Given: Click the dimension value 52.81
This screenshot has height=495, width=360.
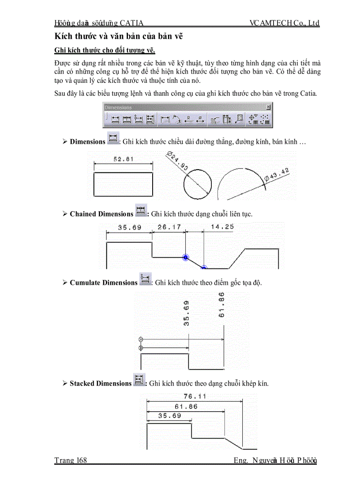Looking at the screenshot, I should click(124, 159).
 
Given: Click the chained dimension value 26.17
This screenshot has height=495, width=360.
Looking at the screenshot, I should click(169, 227).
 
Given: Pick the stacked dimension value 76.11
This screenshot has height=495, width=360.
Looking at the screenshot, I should click(195, 396).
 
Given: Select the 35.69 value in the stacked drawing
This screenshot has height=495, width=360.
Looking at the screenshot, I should click(169, 416).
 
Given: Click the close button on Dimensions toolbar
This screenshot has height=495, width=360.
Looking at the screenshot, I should click(268, 107).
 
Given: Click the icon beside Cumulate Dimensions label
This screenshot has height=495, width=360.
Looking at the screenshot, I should click(145, 279).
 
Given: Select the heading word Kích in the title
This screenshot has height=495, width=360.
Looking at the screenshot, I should click(62, 36).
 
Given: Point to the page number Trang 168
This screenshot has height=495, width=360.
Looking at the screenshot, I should click(71, 461).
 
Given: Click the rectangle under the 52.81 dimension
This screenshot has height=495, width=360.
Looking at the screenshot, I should click(124, 184).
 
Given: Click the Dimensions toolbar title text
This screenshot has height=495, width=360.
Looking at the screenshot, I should click(118, 107).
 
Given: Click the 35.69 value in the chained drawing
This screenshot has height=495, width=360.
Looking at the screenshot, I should click(129, 227).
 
